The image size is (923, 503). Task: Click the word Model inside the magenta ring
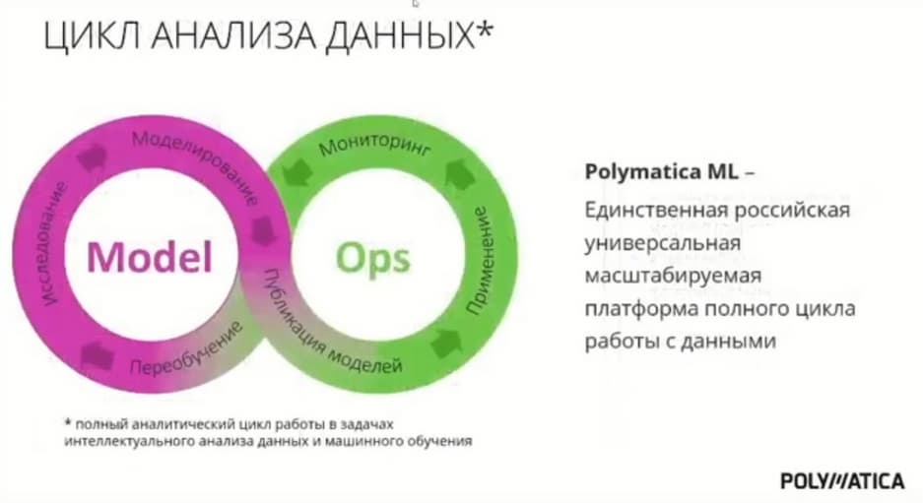coord(150,257)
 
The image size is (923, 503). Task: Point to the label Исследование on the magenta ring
coord(52,243)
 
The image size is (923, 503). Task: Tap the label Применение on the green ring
coord(481,260)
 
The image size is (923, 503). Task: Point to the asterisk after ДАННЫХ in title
coord(483,30)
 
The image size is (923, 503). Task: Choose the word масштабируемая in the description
coord(673,276)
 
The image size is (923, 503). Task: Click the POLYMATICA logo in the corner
coord(842,480)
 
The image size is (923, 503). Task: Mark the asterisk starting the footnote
coord(68,422)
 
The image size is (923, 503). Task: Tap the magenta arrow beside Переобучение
coord(96,355)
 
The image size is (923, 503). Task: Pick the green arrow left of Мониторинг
coord(297,174)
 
